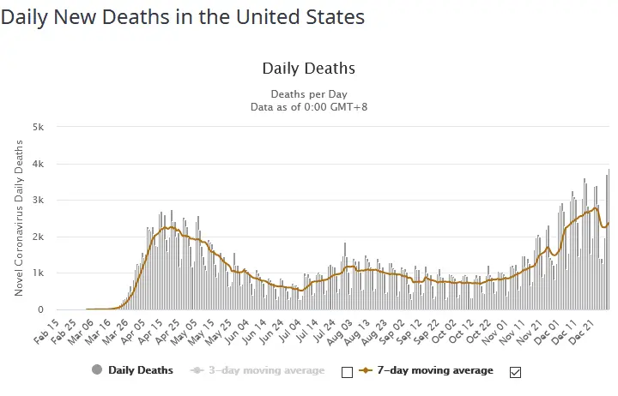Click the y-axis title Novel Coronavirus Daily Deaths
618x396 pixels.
click(x=19, y=219)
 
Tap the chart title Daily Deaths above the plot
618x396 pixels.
click(x=308, y=69)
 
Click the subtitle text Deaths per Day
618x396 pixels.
click(x=308, y=94)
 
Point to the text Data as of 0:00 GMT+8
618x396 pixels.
click(x=308, y=107)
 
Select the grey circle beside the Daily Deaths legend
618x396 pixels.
click(x=96, y=370)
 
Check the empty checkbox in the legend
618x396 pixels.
click(x=347, y=372)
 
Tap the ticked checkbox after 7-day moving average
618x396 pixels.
click(x=515, y=372)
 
